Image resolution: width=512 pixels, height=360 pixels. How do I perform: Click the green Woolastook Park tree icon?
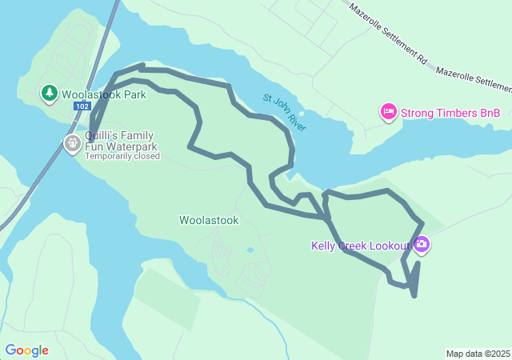pos(50,94)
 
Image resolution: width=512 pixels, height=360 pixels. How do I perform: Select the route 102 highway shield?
pos(81,106)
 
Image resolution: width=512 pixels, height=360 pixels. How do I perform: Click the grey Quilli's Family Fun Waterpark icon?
pos(72,143)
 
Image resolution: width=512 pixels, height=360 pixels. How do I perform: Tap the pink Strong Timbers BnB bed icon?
pos(388,113)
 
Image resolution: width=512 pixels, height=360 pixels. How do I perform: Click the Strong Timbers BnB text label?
pos(450,113)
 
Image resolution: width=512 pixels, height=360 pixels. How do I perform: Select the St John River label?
pos(285,113)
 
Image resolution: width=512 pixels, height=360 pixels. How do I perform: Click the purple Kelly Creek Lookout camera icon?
pos(422,245)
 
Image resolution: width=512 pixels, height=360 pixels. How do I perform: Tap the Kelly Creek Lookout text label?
pos(360,246)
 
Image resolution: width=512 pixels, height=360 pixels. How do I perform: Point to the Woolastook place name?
pos(209,220)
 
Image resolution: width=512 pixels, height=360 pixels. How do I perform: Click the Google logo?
pos(27,350)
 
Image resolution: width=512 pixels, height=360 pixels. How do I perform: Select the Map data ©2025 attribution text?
pos(478,354)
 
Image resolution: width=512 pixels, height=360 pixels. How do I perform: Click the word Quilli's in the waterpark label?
pos(102,135)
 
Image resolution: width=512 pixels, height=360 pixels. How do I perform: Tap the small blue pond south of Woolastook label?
pos(250,250)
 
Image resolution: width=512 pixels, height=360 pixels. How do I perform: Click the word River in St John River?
pos(295,122)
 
